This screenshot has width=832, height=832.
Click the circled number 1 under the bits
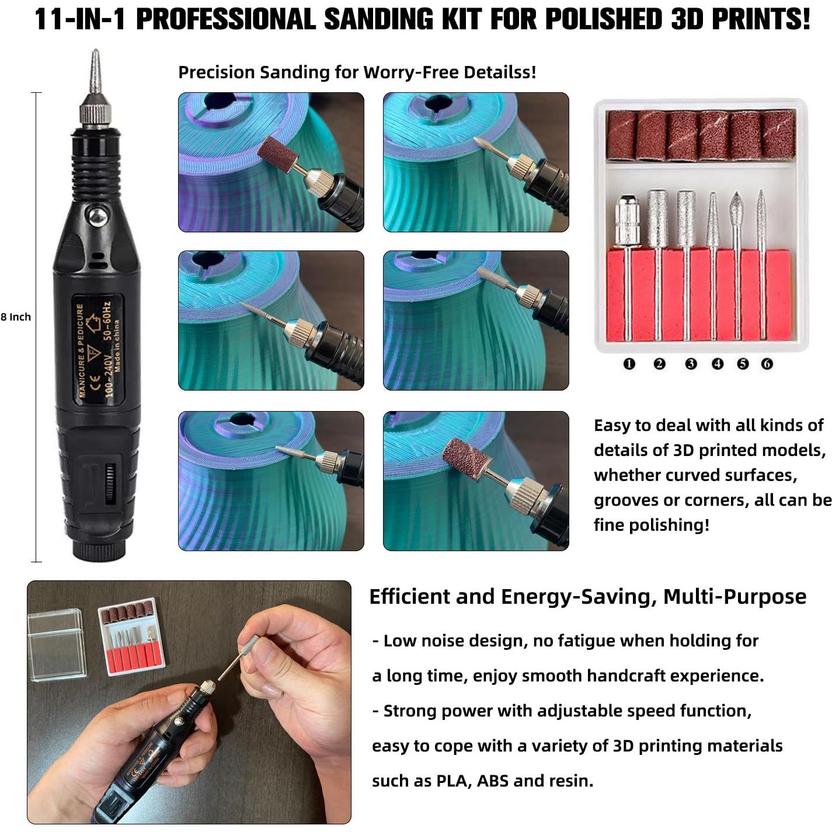[x=629, y=364]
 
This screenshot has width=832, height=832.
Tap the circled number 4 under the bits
[x=718, y=364]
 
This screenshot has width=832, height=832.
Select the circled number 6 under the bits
[x=767, y=364]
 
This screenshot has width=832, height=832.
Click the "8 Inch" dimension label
[x=16, y=317]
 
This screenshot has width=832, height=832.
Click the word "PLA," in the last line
[x=454, y=781]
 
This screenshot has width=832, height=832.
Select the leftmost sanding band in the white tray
[x=621, y=135]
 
